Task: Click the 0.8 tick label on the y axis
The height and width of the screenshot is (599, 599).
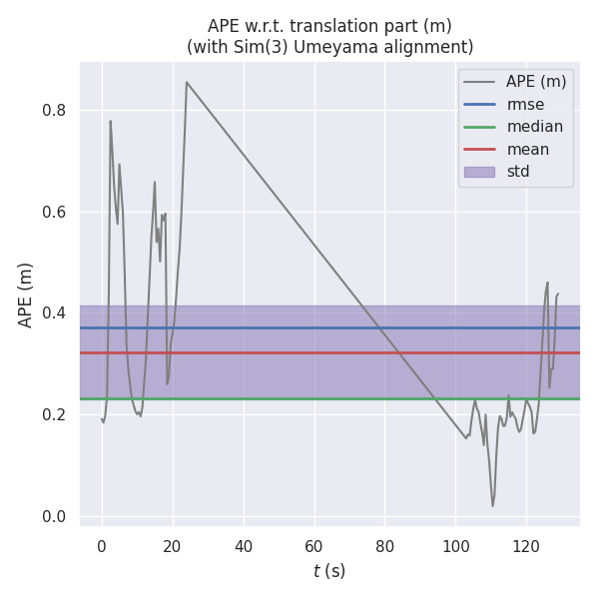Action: coord(56,110)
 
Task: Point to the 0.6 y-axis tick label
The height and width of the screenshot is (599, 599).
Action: coord(56,212)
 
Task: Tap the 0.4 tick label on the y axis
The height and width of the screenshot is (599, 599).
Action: coord(56,313)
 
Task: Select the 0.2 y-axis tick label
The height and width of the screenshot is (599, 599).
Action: coord(56,414)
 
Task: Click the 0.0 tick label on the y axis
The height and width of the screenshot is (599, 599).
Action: coord(56,516)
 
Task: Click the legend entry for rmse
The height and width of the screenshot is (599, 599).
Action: coord(525,104)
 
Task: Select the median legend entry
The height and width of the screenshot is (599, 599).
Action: coord(534,127)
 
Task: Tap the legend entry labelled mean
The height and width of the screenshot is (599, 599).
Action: coord(527,150)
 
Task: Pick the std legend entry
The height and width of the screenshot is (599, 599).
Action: coord(518,172)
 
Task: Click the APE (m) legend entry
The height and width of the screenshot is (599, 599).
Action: coord(536,82)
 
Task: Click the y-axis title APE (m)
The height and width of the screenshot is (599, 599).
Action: coord(26,295)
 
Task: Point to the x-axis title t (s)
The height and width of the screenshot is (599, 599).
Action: coord(328,571)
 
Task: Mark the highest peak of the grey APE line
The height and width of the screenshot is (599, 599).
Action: coord(186,82)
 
